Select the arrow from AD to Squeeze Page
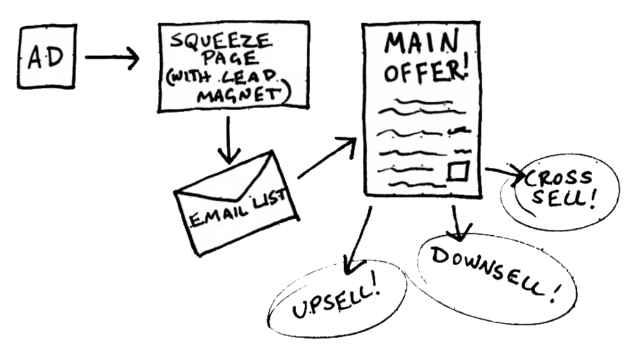pyautogui.click(x=111, y=58)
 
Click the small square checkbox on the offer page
pyautogui.click(x=458, y=170)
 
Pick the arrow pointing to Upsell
pyautogui.click(x=360, y=243)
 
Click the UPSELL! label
pyautogui.click(x=338, y=302)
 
